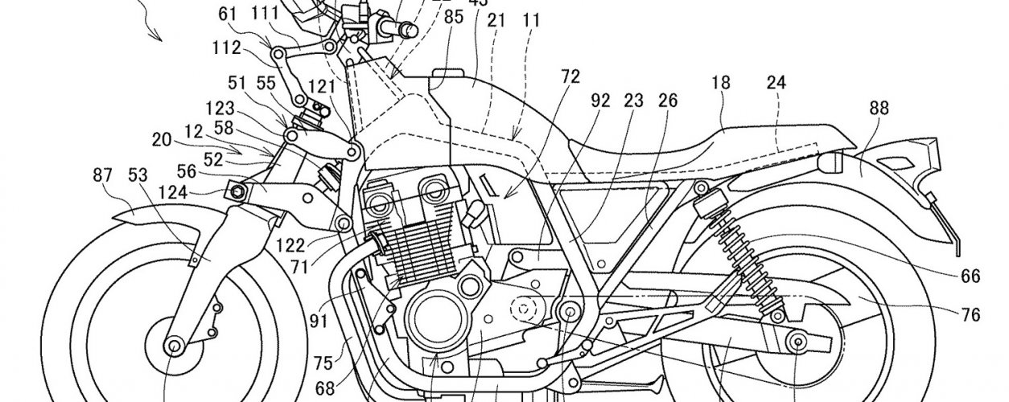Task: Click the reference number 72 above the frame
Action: point(570,77)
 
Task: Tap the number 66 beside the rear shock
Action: point(970,277)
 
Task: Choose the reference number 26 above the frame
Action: point(667,100)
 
